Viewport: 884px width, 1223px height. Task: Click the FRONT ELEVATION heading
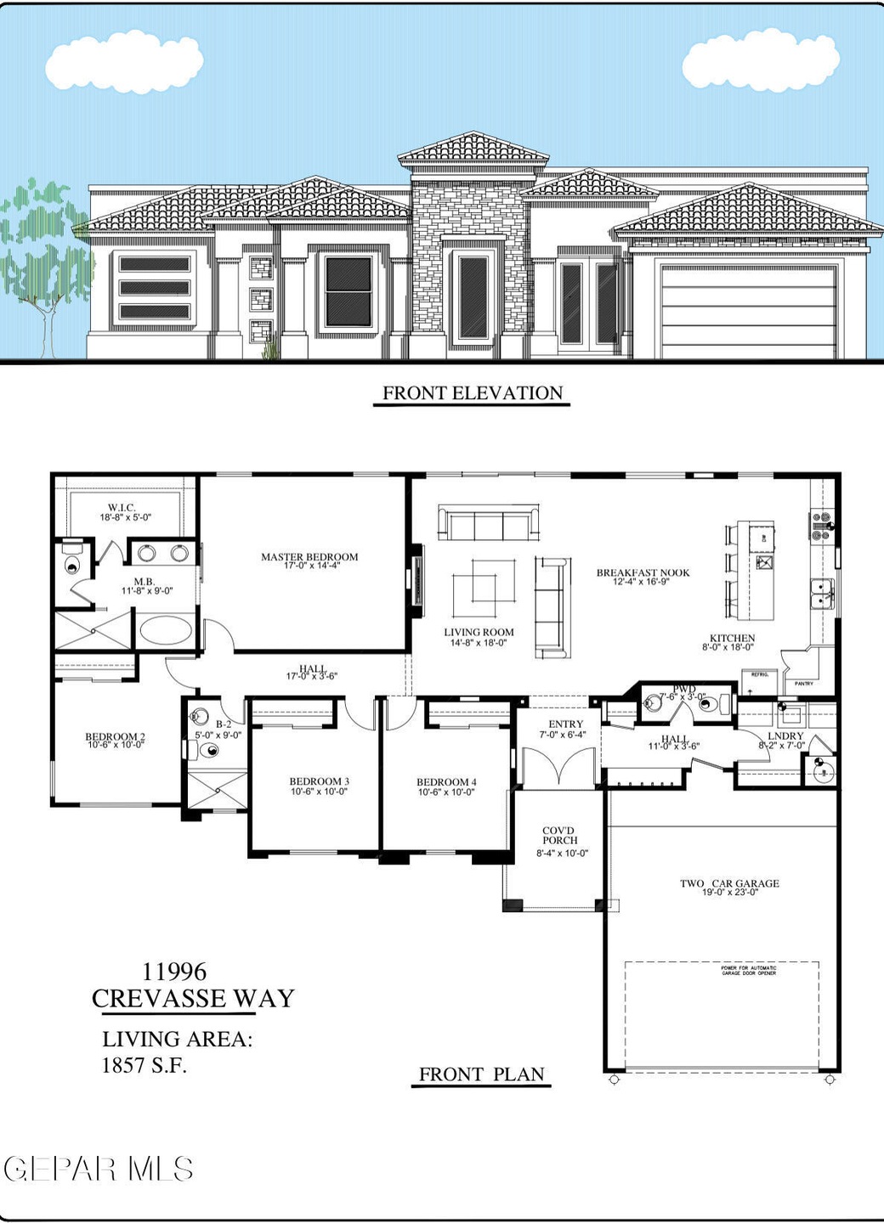coord(472,393)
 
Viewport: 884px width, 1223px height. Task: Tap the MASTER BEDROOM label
coord(309,558)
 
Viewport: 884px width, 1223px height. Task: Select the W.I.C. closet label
coord(122,509)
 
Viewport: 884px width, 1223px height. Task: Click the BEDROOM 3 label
coord(319,782)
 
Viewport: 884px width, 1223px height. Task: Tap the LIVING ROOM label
coord(479,633)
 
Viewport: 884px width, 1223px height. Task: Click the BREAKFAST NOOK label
coord(643,573)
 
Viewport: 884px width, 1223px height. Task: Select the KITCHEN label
coord(732,639)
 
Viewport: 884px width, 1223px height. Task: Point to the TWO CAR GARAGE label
coord(729,884)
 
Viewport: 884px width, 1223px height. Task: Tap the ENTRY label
coord(565,724)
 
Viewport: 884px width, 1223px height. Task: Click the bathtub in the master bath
coord(167,631)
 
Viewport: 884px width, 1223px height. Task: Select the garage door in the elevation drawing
coord(748,312)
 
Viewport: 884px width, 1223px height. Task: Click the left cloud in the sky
coord(124,61)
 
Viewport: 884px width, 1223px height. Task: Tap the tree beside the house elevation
coord(38,246)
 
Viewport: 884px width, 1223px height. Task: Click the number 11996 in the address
coord(174,972)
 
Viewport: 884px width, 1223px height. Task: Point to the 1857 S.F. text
coord(144,1065)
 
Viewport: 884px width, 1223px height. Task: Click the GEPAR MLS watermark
coord(99,1169)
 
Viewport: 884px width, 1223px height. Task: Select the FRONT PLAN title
coord(481,1074)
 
